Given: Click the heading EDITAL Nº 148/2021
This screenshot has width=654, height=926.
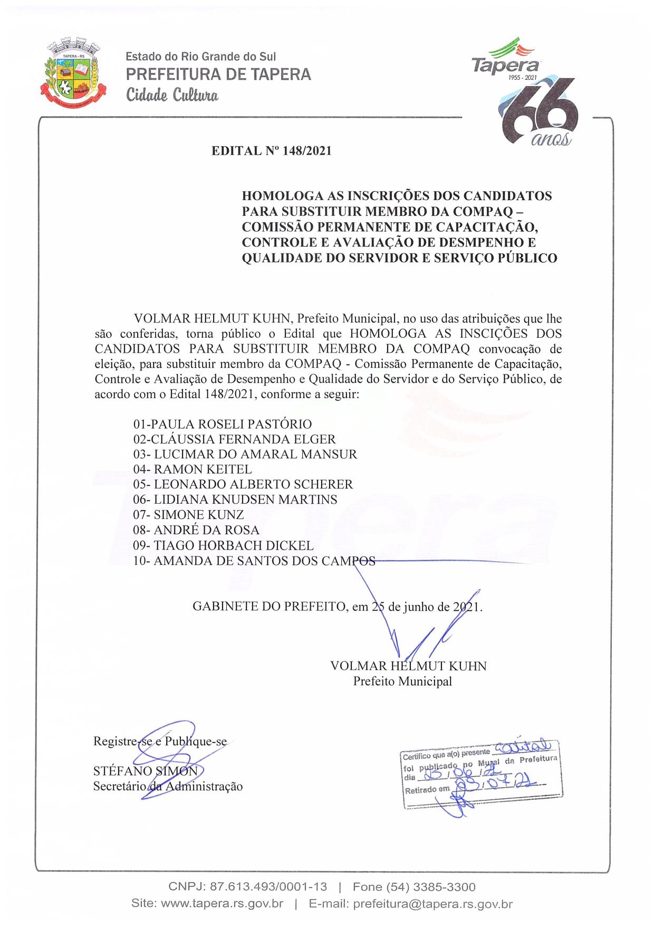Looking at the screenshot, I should pyautogui.click(x=272, y=151).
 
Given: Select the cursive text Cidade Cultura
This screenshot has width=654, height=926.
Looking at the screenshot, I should pyautogui.click(x=172, y=96).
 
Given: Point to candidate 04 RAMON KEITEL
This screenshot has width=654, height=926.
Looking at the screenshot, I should pyautogui.click(x=193, y=469).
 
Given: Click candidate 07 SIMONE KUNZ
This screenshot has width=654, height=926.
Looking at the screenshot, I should pyautogui.click(x=188, y=515).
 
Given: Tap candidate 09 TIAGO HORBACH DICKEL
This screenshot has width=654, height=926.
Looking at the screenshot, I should pyautogui.click(x=223, y=545).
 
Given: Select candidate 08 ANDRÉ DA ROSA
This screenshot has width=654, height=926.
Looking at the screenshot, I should pyautogui.click(x=196, y=530).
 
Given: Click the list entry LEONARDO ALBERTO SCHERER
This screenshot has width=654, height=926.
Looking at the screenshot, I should pyautogui.click(x=243, y=484).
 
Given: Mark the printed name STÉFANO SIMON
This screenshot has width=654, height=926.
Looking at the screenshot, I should pyautogui.click(x=146, y=771).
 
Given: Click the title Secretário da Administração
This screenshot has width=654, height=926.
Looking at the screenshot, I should pyautogui.click(x=168, y=786).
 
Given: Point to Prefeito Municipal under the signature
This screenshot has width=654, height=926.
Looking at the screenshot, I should pyautogui.click(x=402, y=681).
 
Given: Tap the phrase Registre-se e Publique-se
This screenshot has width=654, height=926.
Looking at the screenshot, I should pyautogui.click(x=160, y=741).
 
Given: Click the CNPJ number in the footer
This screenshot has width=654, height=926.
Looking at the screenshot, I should pyautogui.click(x=248, y=886).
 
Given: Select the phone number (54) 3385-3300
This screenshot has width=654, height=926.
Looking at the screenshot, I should pyautogui.click(x=414, y=886).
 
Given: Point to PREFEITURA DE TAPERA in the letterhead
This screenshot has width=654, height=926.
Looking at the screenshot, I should pyautogui.click(x=218, y=74).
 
